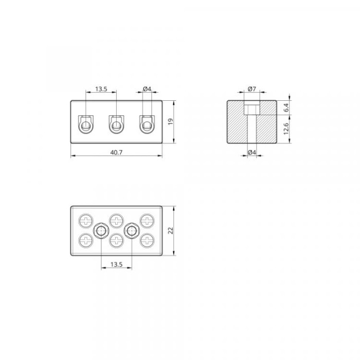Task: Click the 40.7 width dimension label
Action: pos(116,152)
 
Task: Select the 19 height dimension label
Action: pos(171,121)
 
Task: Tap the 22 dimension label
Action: pos(171,230)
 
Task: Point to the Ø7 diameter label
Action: pos(252,89)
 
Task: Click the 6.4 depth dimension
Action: pos(286,107)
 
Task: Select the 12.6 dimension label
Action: pos(286,129)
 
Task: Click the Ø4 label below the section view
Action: pos(252,152)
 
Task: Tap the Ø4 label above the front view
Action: pos(147,89)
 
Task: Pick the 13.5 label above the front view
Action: pos(101,89)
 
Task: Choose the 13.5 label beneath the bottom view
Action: pos(116,264)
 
